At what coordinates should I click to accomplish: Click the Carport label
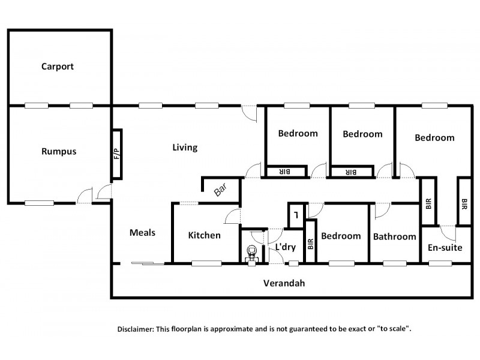[x=58, y=67]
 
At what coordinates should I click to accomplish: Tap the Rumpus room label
[x=59, y=151]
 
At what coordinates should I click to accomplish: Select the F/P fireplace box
[x=117, y=154]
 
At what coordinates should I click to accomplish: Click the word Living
[x=185, y=147]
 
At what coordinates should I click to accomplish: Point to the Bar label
[x=221, y=190]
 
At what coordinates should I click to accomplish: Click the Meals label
[x=143, y=233]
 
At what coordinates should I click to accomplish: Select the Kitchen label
[x=205, y=235]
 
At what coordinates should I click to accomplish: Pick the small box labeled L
[x=296, y=215]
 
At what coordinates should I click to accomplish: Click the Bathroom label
[x=394, y=236]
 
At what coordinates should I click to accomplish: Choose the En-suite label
[x=445, y=247]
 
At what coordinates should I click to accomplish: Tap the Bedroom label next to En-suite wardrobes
[x=434, y=137]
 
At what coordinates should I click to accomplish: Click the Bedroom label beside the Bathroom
[x=341, y=236]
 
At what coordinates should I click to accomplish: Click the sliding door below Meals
[x=148, y=263]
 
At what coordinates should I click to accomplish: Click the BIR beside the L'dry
[x=311, y=243]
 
